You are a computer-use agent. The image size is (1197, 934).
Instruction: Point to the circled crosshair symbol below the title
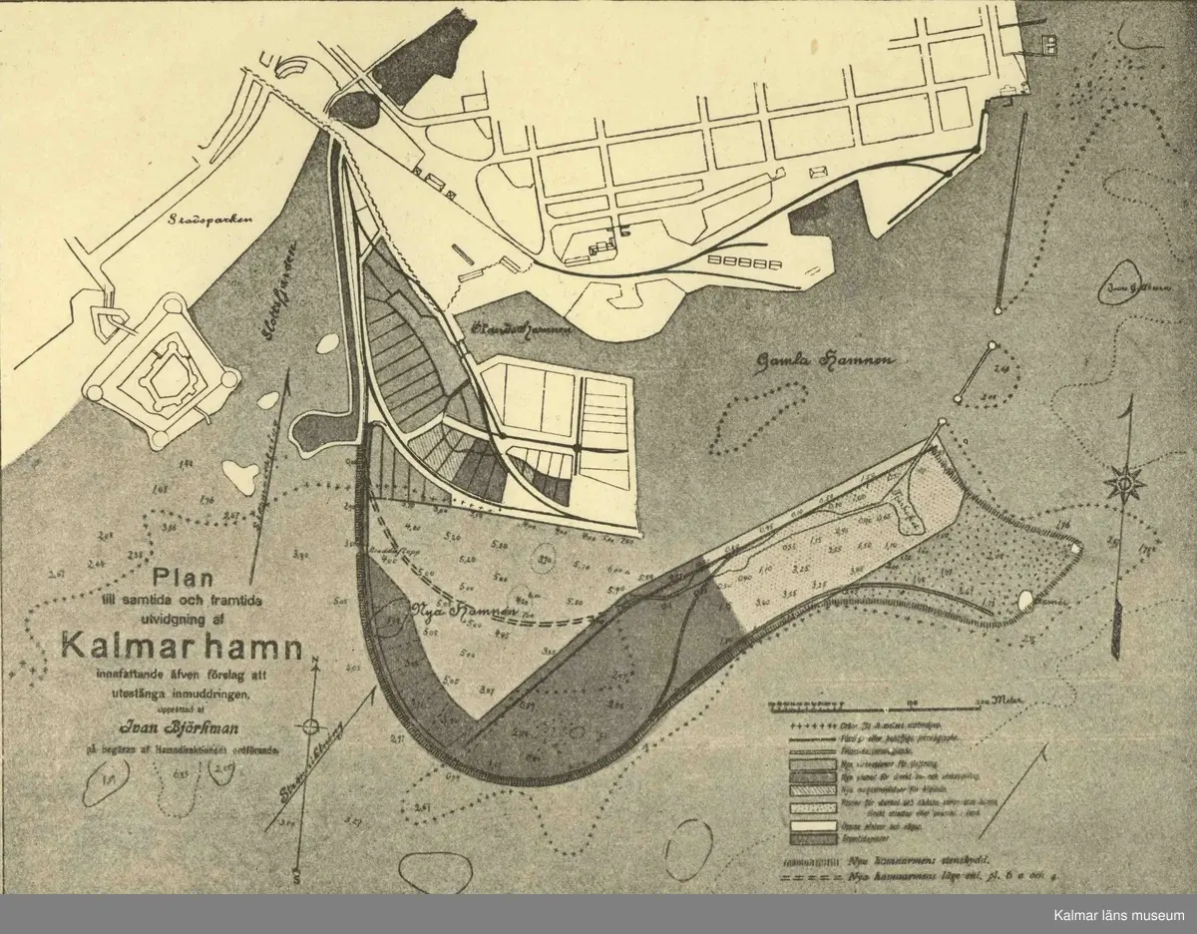click(313, 726)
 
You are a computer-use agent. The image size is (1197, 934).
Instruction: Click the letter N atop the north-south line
click(315, 663)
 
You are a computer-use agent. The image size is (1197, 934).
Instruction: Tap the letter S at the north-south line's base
click(296, 875)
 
